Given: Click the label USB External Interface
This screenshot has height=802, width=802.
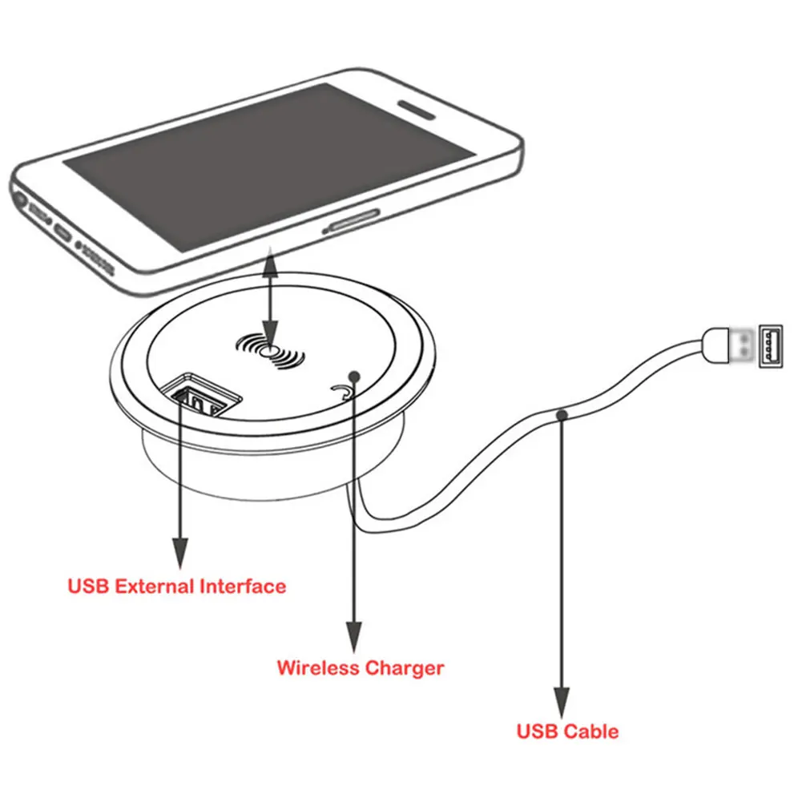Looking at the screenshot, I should click(176, 586).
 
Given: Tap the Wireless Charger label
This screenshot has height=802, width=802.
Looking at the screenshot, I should click(360, 667).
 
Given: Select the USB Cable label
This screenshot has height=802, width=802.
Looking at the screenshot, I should click(567, 731).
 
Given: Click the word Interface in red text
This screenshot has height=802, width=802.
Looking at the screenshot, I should click(242, 586).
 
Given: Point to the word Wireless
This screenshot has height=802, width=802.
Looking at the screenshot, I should click(318, 667).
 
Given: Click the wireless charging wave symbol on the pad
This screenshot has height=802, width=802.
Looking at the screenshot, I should click(271, 351).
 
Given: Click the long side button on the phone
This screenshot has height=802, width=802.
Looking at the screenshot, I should click(351, 220).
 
